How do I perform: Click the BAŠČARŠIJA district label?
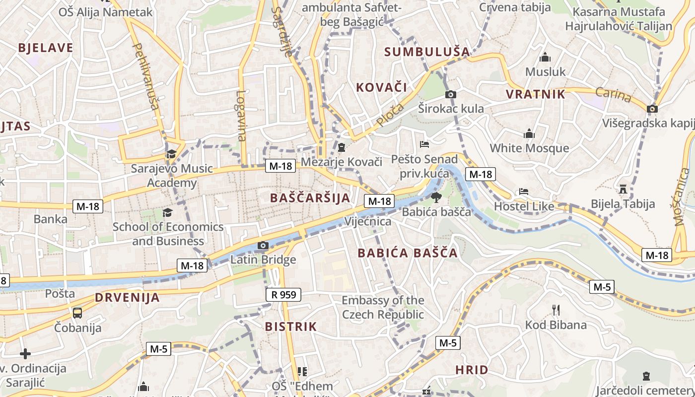[x=310, y=198]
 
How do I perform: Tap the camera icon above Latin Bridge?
[x=263, y=246]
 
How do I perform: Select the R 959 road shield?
[x=284, y=295]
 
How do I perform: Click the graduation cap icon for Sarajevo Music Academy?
[x=171, y=154]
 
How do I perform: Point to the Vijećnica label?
[x=368, y=221]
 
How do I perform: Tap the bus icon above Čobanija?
[x=77, y=313]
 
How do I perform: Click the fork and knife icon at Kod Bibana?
[x=556, y=310]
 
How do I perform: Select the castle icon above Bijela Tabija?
[x=623, y=189]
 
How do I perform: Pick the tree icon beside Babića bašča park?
[x=436, y=198]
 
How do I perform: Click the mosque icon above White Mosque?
[x=529, y=133]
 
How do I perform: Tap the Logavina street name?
[x=241, y=116]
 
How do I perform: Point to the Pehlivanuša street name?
[x=145, y=76]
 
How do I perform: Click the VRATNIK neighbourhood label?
[x=535, y=94]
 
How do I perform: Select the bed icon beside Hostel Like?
[x=524, y=192]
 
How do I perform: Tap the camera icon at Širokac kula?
[x=451, y=94]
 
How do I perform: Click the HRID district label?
[x=472, y=370]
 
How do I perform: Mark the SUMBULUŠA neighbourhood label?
[x=427, y=52]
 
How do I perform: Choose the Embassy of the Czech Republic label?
[x=383, y=307]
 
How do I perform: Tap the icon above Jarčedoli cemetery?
[x=646, y=376]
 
